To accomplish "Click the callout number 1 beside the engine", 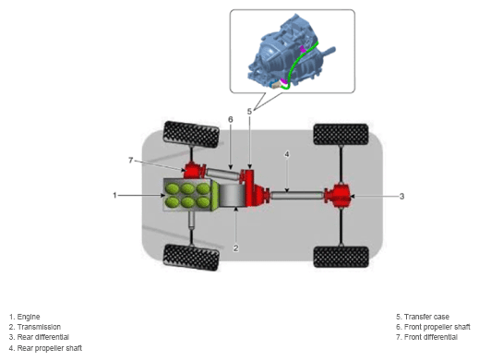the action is click(114, 195).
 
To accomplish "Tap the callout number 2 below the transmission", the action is click(235, 248).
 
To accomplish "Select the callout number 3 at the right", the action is click(401, 196).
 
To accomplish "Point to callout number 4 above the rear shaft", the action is click(287, 154).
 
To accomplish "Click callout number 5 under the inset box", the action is click(249, 112).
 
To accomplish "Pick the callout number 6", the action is click(231, 119).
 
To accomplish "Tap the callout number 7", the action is click(131, 161).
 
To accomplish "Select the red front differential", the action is click(194, 171).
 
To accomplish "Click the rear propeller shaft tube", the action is click(297, 195).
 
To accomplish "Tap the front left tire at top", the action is click(191, 135).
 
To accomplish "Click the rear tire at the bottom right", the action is click(341, 257).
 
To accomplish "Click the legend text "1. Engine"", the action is click(25, 317).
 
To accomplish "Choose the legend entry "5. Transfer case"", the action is click(423, 317).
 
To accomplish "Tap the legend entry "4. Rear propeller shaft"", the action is click(45, 348).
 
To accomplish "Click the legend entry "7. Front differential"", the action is click(426, 337).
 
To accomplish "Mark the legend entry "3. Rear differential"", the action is click(39, 337).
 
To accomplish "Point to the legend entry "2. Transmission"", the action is click(35, 327).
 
